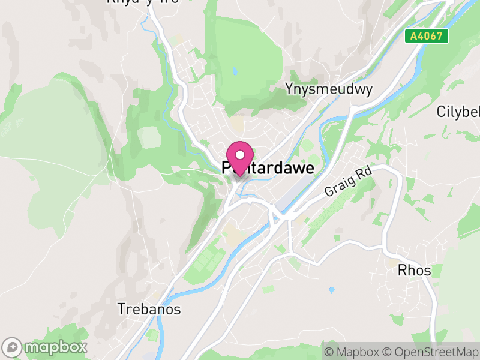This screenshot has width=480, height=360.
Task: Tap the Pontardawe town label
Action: point(268,168)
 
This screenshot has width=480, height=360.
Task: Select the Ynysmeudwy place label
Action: point(329,89)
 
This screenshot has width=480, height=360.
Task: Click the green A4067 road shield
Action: point(426,36)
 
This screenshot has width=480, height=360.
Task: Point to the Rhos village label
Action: point(414,271)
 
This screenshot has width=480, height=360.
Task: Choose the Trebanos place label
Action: point(149,310)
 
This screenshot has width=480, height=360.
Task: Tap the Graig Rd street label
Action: point(349,182)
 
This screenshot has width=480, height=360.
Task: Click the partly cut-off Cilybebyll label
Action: point(458,112)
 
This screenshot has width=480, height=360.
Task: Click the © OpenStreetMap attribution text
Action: point(431,352)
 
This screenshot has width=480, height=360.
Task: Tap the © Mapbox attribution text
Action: point(352,352)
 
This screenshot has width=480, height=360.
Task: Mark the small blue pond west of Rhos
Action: point(332,290)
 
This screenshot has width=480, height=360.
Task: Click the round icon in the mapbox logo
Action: point(13,347)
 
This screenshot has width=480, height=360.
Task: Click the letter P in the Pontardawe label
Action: point(227,169)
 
